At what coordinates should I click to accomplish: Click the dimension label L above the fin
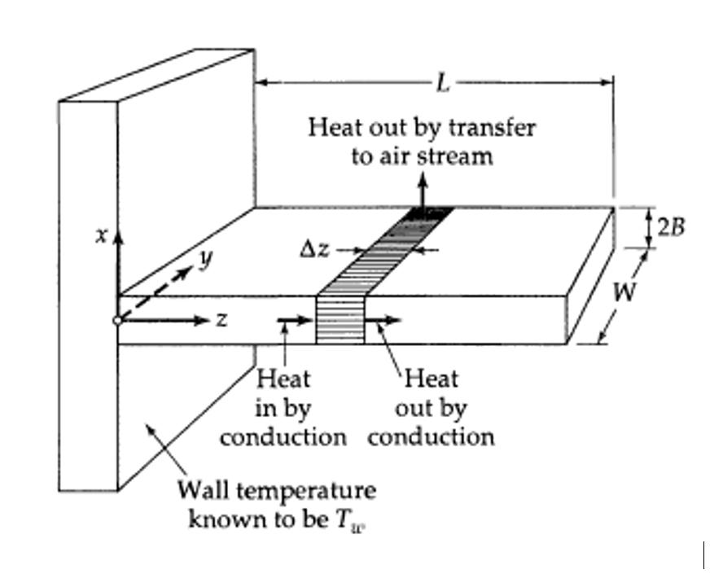pos(442,82)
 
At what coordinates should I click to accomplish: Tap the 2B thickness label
pos(671,226)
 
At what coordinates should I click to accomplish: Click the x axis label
pos(101,235)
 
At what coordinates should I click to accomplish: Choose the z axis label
pos(221,321)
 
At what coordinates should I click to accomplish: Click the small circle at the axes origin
pos(118,321)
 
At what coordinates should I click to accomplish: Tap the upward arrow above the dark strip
pos(423,189)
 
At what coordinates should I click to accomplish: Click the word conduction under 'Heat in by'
pos(283,436)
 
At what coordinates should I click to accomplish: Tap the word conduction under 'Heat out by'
pos(431,436)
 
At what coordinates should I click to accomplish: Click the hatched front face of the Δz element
pos(340,319)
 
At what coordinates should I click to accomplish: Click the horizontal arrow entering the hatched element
pos(296,321)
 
